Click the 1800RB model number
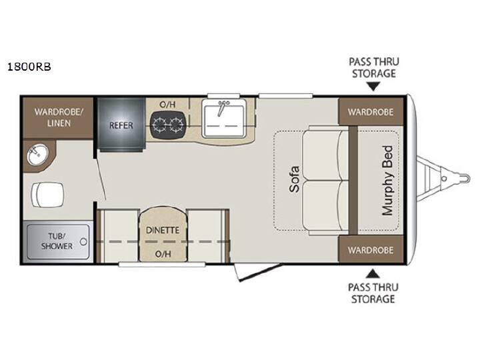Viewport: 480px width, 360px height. [x=29, y=67]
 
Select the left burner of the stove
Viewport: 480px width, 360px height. [x=160, y=125]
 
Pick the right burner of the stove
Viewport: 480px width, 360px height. [x=177, y=125]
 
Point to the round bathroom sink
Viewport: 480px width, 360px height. [x=37, y=155]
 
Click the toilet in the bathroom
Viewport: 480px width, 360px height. [x=47, y=195]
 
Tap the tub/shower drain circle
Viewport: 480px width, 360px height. [x=83, y=241]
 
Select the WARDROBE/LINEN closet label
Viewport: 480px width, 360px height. [x=59, y=117]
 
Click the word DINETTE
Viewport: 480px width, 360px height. [x=163, y=230]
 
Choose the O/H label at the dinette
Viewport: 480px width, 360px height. [x=163, y=254]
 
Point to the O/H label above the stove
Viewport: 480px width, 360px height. [x=167, y=105]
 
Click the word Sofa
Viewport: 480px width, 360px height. [x=294, y=179]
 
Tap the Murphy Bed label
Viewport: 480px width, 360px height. [x=387, y=181]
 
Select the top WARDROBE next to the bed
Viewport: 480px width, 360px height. [x=371, y=112]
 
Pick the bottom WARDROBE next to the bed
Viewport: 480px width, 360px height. [x=371, y=250]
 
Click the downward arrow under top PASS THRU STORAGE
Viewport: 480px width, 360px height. [x=373, y=87]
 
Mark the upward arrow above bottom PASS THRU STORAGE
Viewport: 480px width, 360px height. [x=373, y=273]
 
